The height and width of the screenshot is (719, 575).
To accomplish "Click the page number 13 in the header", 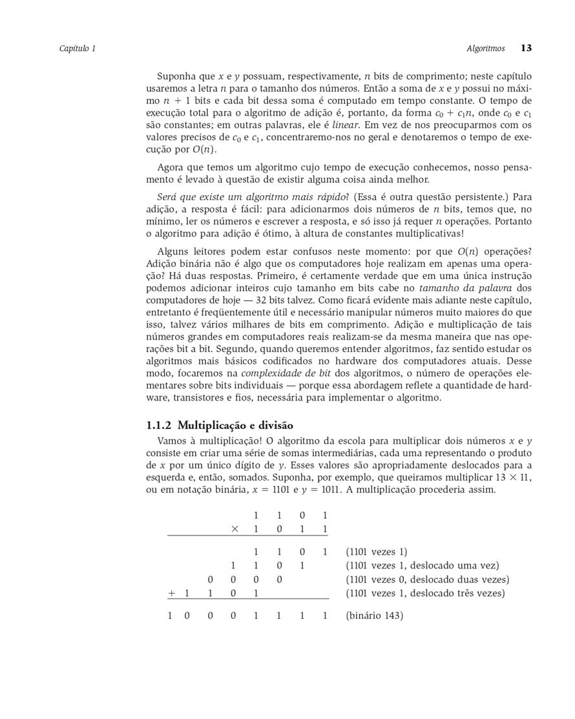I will click(526, 48).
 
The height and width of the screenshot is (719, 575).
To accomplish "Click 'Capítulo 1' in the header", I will click(78, 48).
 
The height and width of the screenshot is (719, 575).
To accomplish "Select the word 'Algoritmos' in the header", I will click(485, 48).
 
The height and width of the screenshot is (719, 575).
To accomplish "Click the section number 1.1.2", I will click(160, 425).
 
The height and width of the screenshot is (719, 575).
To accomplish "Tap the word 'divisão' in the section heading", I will click(276, 425).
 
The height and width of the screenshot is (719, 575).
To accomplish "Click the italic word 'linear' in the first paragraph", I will click(346, 125).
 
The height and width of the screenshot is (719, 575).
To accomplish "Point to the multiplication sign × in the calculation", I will click(235, 529).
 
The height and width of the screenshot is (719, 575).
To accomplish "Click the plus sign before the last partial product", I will click(172, 593).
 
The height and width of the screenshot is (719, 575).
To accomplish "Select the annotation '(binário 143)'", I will click(374, 616).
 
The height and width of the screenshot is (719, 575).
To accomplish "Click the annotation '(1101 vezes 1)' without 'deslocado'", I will click(377, 552).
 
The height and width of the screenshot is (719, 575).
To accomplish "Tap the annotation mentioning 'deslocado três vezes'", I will click(425, 593).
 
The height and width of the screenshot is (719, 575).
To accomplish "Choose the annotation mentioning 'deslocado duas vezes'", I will click(427, 579).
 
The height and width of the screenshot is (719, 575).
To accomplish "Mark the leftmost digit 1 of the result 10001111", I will click(170, 616).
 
